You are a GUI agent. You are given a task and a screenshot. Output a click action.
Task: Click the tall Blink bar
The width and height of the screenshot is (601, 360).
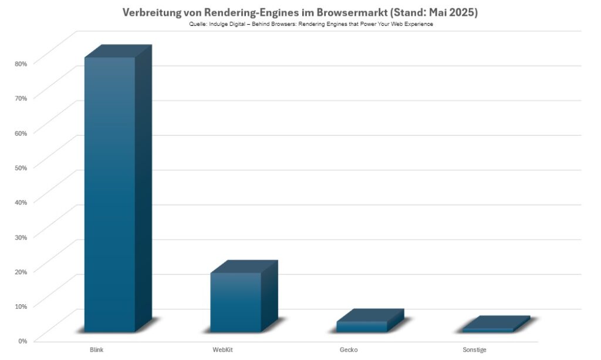tap(110, 194)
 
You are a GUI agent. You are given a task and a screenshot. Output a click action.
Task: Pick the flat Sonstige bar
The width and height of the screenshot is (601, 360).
tap(488, 329)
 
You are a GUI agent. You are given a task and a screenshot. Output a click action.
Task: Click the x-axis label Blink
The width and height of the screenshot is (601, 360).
tap(97, 350)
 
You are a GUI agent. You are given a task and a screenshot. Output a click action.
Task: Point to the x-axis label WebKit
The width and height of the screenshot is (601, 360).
tap(223, 350)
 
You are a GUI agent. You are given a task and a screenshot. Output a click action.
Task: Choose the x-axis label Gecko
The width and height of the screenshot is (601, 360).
tap(349, 350)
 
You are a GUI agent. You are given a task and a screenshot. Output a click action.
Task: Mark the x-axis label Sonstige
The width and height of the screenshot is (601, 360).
tap(475, 350)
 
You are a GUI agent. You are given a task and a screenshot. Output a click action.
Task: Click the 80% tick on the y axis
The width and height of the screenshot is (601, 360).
tap(21, 63)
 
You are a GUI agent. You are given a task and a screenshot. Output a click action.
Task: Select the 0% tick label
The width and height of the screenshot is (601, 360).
tap(22, 340)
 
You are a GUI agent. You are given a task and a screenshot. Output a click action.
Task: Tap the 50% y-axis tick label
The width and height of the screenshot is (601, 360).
tap(21, 167)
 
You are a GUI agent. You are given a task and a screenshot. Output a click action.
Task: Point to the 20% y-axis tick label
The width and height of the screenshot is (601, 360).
tap(21, 271)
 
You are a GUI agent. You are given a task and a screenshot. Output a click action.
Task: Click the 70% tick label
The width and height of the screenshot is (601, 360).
tap(21, 97)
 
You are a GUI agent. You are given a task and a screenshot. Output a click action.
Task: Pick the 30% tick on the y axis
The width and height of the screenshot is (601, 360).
tap(21, 236)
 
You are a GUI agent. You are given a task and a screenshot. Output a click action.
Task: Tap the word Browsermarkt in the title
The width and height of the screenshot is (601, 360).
tap(340, 12)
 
